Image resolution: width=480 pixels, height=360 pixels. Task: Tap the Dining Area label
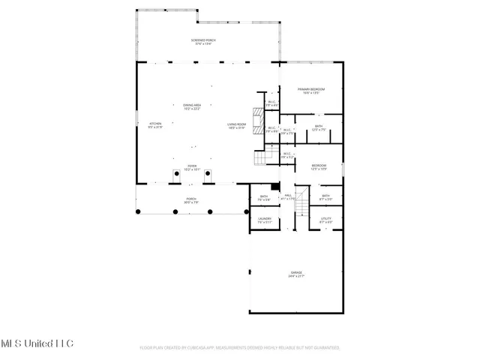pos(192,106)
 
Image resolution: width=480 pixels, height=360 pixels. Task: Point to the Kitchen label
pos(155,124)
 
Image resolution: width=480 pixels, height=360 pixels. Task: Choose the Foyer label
pos(192,167)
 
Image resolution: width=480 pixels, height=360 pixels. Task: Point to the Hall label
pos(287,196)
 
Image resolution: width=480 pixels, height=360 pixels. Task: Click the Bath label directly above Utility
pos(325,197)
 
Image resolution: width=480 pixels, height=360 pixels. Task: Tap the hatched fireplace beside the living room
pos(259,118)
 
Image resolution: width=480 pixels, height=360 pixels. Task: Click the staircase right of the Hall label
pos(301,202)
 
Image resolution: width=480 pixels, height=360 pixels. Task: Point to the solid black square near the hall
pos(274,186)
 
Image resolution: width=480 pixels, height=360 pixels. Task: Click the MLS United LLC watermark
pos(37,343)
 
